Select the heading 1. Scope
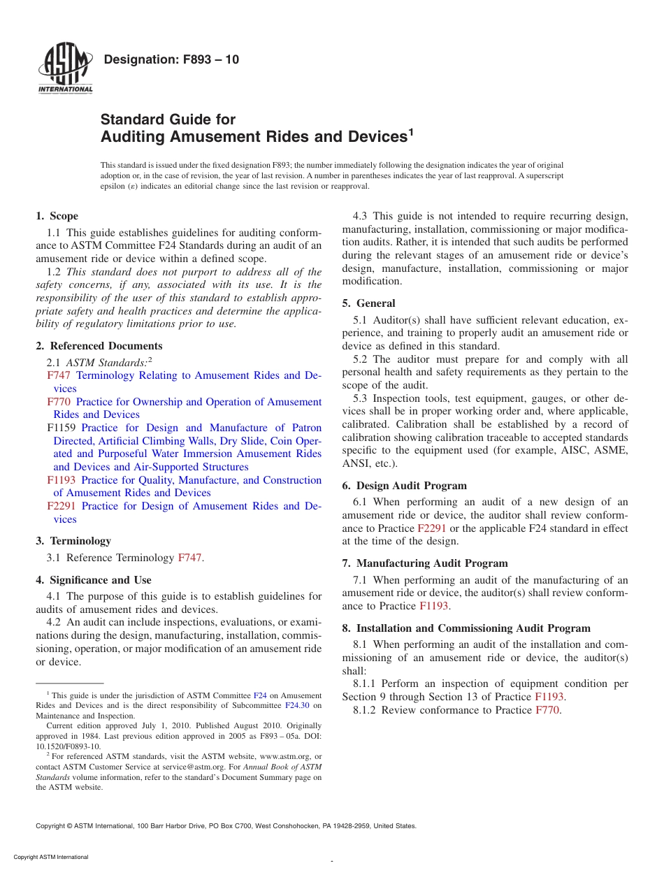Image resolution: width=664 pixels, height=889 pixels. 57,216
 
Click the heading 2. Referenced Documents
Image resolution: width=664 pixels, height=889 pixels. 99,346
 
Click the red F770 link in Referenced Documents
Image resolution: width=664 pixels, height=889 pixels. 59,402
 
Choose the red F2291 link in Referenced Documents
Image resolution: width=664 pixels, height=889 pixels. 62,506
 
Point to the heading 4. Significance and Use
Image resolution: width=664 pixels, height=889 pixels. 94,580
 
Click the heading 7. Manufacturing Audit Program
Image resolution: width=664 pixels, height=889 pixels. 425,563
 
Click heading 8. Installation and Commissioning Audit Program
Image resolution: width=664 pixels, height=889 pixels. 466,628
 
